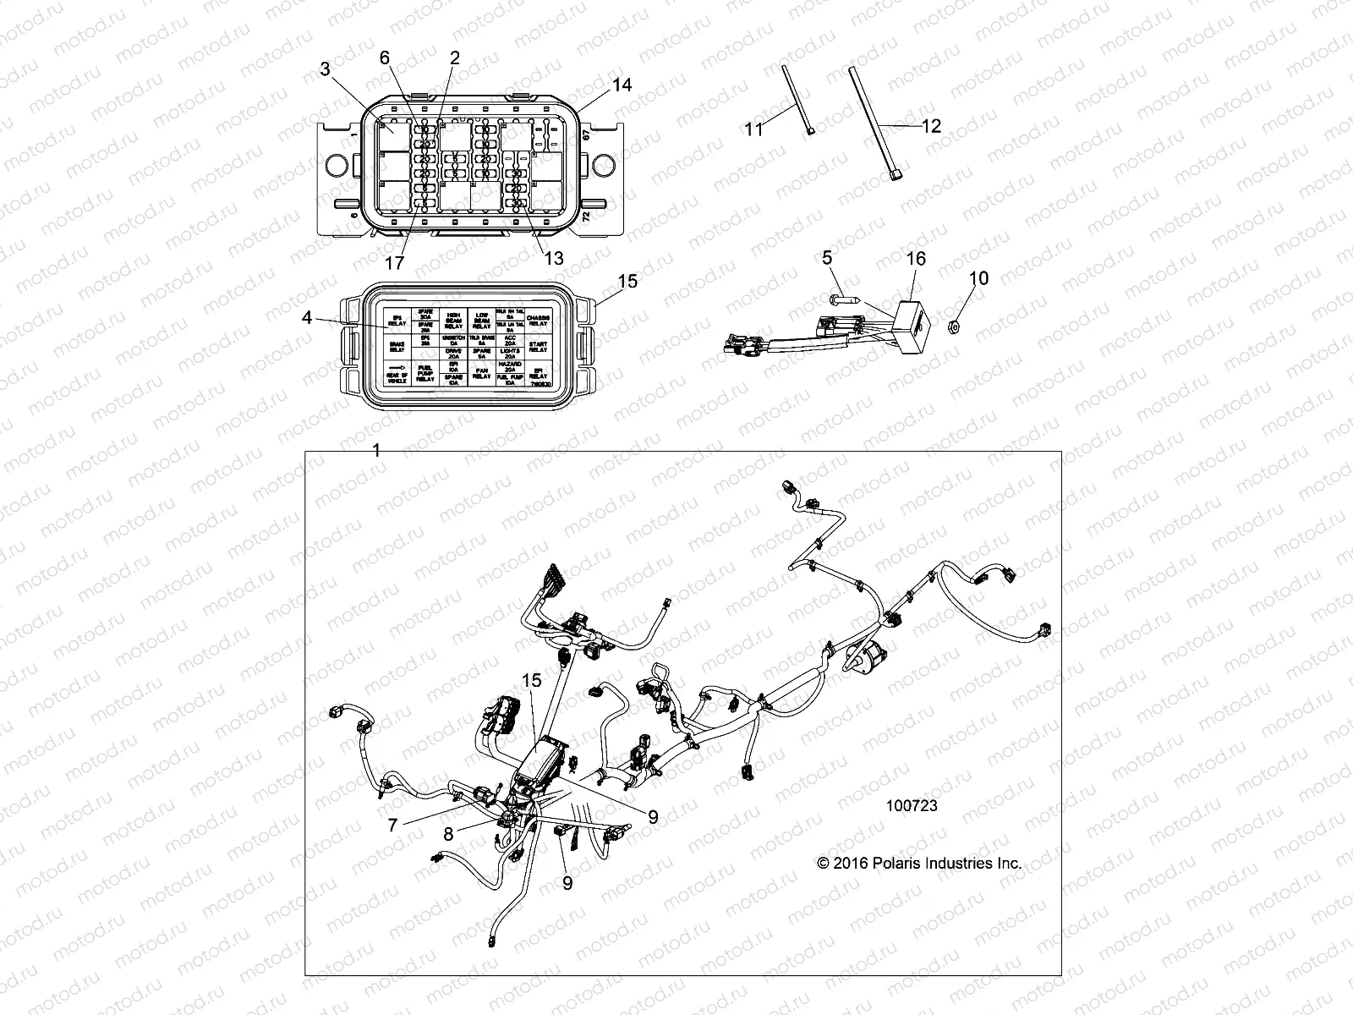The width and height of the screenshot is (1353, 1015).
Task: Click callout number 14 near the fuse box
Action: click(x=622, y=85)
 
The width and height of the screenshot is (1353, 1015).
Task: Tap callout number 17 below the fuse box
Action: click(x=394, y=263)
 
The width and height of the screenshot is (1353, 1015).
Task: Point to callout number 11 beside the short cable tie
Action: click(x=753, y=129)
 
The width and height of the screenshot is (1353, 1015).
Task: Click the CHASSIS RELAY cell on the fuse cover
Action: click(x=539, y=321)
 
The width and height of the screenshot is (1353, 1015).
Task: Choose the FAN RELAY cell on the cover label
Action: click(x=481, y=371)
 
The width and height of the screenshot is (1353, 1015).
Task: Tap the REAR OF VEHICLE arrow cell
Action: click(x=396, y=373)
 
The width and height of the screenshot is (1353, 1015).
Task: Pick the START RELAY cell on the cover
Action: click(x=539, y=345)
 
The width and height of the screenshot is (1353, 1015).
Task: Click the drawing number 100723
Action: click(x=912, y=806)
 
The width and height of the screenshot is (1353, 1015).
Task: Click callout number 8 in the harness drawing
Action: click(x=448, y=834)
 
